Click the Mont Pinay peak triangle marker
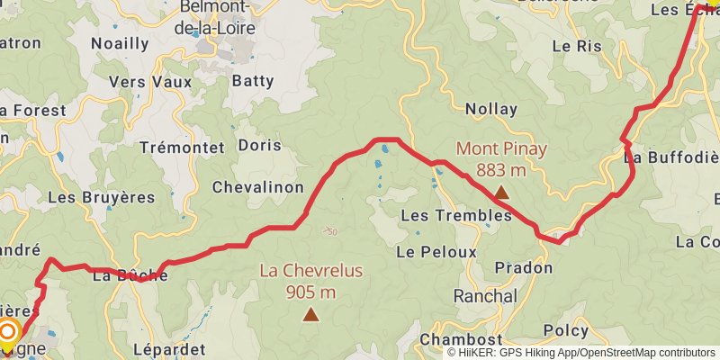pyautogui.click(x=501, y=192)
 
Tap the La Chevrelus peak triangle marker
pyautogui.click(x=310, y=314)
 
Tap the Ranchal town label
pyautogui.click(x=485, y=296)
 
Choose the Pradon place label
pyautogui.click(x=524, y=268)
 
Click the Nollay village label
pyautogui.click(x=491, y=110)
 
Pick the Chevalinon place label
pyautogui.click(x=256, y=187)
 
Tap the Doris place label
pyautogui.click(x=259, y=145)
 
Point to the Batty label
pyautogui.click(x=253, y=81)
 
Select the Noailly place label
pyautogui.click(x=120, y=43)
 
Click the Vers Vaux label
pyautogui.click(x=140, y=81)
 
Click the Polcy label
pyautogui.click(x=566, y=331)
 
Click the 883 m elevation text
pyautogui.click(x=501, y=170)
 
